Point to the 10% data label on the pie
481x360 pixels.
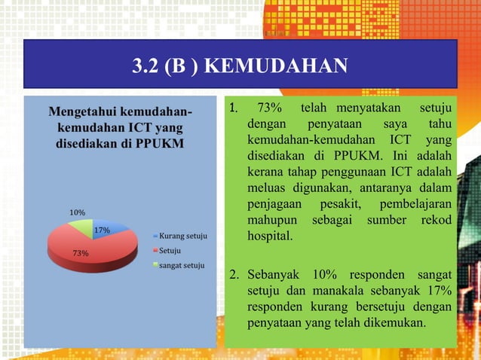click(78, 212)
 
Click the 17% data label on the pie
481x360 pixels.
click(102, 230)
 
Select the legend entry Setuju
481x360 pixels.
click(169, 250)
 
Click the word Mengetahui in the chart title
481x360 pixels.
click(84, 112)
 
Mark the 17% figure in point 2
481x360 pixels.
click(438, 290)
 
